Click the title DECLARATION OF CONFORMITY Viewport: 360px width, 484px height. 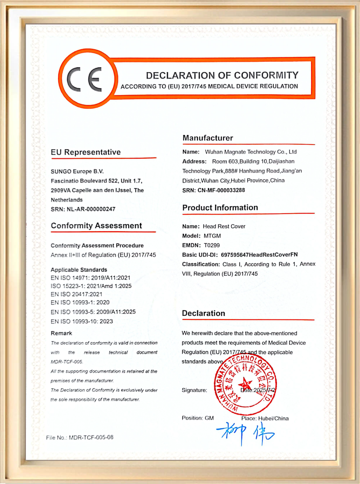pos(222,75)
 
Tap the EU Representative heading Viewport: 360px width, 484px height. pos(86,152)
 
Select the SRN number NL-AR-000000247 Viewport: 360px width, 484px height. pos(91,209)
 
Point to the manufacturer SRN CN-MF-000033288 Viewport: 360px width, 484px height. pos(221,190)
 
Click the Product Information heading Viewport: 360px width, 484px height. pos(220,208)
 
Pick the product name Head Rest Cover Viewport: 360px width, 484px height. pos(224,227)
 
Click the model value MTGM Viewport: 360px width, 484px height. pos(212,236)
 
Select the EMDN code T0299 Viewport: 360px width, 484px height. pos(212,245)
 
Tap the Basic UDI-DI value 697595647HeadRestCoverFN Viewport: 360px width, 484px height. pos(259,255)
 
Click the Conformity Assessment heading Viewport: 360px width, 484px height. pos(96,226)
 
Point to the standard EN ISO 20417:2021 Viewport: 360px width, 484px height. pos(76,294)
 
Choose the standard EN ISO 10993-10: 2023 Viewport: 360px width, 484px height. pos(82,321)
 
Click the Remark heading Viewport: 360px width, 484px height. pos(61,333)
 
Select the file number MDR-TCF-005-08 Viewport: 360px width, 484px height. pos(91,437)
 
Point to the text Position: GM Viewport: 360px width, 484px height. pos(198,418)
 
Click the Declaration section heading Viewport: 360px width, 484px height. pos(203,313)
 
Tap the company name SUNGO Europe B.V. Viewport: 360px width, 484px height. pos(77,171)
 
